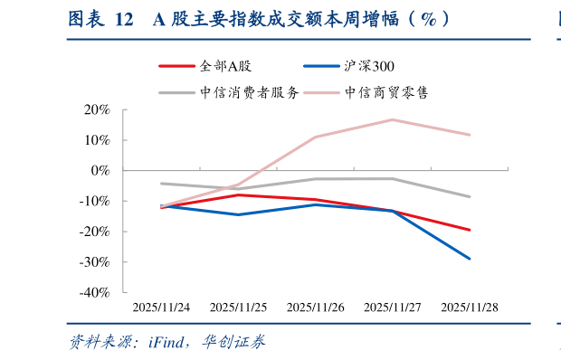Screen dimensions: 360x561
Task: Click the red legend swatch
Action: (177, 66)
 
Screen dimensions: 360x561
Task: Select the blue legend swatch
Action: (322, 66)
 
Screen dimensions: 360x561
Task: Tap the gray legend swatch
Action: (177, 92)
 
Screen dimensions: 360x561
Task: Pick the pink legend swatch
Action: (322, 92)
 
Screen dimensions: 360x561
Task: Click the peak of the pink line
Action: (392, 119)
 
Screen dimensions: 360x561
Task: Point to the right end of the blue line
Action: (471, 259)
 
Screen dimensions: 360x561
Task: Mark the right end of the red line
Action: (471, 230)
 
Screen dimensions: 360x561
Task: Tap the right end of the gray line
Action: (471, 196)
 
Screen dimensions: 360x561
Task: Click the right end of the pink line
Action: (471, 135)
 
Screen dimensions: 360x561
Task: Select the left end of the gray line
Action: (162, 183)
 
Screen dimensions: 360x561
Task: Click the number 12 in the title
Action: (124, 20)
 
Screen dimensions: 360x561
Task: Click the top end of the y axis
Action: (124, 109)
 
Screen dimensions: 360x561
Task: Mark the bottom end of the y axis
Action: (124, 292)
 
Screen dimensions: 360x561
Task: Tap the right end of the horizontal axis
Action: (509, 169)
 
